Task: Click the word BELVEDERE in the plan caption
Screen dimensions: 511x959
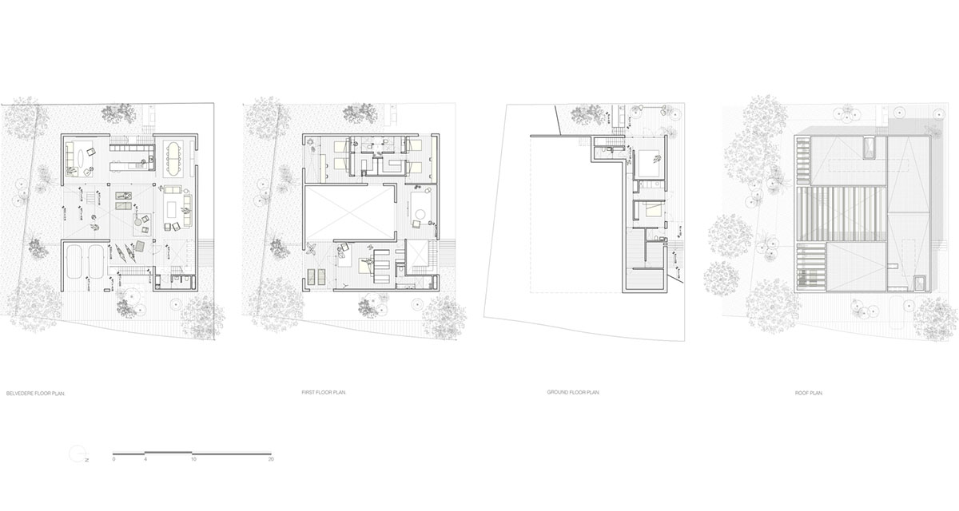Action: tap(19, 394)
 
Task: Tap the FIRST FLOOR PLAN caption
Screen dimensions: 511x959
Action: tap(324, 394)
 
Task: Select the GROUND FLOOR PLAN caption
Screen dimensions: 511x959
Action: tap(573, 394)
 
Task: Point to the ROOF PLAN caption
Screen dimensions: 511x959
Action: tap(809, 394)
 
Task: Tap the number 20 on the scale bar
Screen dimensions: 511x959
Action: tap(271, 460)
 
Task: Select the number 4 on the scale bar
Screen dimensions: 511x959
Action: tap(145, 460)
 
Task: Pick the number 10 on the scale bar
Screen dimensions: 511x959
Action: tap(193, 460)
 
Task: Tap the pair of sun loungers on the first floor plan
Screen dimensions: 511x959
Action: tap(316, 276)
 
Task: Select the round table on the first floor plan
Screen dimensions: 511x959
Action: tap(420, 213)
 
